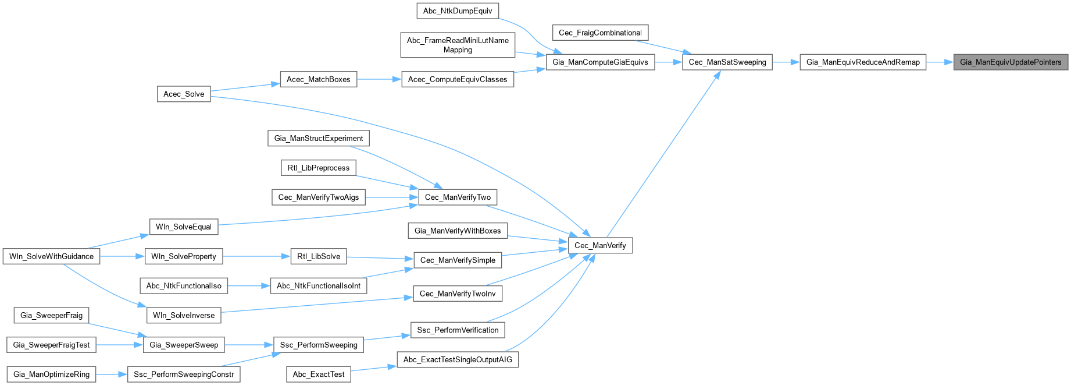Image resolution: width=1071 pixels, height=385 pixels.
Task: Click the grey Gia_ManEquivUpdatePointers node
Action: [x=1011, y=62]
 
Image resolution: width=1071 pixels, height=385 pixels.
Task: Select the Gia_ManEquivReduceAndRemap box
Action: [x=863, y=62]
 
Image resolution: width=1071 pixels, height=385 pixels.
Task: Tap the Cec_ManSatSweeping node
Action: [x=727, y=62]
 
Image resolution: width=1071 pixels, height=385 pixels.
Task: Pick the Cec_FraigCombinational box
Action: [x=600, y=33]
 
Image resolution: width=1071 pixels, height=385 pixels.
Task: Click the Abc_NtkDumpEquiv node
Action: [x=458, y=11]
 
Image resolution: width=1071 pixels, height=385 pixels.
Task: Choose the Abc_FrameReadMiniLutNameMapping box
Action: [x=458, y=45]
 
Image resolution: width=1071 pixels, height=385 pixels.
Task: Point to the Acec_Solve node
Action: [x=184, y=94]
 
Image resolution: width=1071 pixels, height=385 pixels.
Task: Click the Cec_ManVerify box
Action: [x=600, y=246]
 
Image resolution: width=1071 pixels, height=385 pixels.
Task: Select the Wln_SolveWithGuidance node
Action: [x=51, y=257]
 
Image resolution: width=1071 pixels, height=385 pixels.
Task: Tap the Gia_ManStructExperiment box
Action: [x=319, y=139]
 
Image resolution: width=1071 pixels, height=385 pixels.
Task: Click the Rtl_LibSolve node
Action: [x=319, y=257]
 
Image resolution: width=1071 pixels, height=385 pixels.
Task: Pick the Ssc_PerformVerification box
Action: [x=458, y=330]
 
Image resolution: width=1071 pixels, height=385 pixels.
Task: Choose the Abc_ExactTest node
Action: [x=319, y=375]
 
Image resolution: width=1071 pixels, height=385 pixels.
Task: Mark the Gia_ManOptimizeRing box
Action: [x=51, y=375]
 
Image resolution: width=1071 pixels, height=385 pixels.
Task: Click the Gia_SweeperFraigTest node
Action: [x=51, y=345]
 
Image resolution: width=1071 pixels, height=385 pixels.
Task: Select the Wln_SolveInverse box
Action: [x=184, y=316]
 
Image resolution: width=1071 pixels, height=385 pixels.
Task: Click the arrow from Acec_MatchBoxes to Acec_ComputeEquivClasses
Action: [x=379, y=80]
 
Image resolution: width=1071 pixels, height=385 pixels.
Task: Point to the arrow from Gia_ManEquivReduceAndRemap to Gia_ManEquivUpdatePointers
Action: [x=940, y=62]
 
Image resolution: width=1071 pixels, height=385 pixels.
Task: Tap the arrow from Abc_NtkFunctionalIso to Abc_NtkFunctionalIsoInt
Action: [x=249, y=286]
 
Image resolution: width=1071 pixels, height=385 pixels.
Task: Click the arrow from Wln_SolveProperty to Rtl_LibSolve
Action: [x=256, y=257]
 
